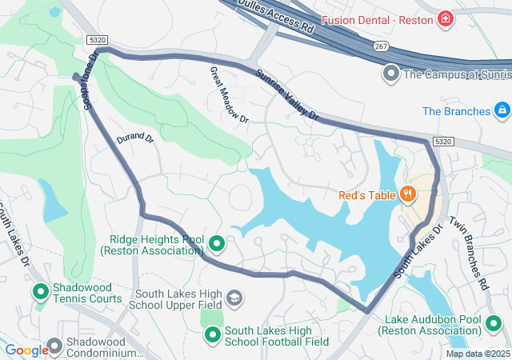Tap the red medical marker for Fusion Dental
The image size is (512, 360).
(x=444, y=18)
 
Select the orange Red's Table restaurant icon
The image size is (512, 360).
(x=408, y=193)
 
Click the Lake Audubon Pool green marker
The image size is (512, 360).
(x=494, y=324)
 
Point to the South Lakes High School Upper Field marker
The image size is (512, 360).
(x=234, y=298)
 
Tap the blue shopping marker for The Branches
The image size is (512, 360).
(x=501, y=110)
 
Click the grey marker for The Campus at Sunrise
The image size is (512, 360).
(x=390, y=74)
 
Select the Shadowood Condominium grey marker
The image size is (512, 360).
(x=54, y=346)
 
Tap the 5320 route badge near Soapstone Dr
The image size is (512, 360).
(x=94, y=39)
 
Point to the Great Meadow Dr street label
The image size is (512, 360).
(x=230, y=94)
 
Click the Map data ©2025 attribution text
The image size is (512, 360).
(x=477, y=354)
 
